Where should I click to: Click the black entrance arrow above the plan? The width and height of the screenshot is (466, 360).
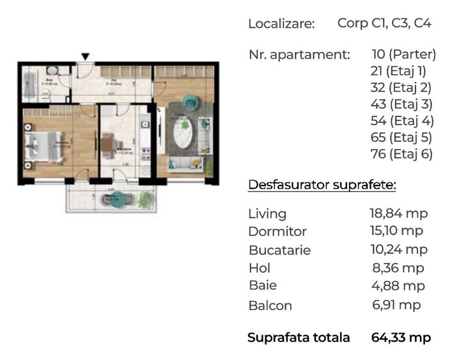pos(85,57)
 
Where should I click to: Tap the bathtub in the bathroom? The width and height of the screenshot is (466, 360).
pos(29,83)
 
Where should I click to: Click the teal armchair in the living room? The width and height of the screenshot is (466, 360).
pos(190,101)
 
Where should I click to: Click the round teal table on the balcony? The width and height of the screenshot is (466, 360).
pos(116,200)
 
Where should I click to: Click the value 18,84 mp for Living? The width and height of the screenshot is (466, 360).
pos(398,214)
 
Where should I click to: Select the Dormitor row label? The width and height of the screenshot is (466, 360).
pos(277,231)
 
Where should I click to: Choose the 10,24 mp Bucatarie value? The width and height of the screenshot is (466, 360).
pos(398,249)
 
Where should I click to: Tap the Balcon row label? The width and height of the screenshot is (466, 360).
pos(270,306)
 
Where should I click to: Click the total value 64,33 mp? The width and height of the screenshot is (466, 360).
pos(401,338)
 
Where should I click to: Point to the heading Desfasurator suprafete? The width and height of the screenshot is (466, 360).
pos(322,185)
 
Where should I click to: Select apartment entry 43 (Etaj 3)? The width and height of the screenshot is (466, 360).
pos(401,104)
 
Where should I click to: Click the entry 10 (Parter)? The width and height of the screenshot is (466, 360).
pos(403,54)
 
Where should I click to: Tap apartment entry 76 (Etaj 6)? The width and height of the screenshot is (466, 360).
pos(401,154)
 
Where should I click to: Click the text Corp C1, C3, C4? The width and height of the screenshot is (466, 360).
pos(384,24)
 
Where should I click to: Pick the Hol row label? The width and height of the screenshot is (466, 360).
pos(259,268)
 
